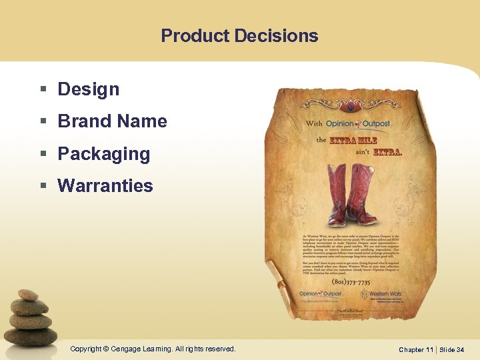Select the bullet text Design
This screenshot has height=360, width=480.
(x=89, y=89)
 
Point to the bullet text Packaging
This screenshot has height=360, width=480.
(x=104, y=154)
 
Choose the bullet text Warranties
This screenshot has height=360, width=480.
(x=105, y=186)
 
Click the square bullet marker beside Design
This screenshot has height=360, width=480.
(x=43, y=90)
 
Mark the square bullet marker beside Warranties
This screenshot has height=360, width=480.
(x=43, y=187)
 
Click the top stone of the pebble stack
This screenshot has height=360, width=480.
(x=27, y=294)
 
